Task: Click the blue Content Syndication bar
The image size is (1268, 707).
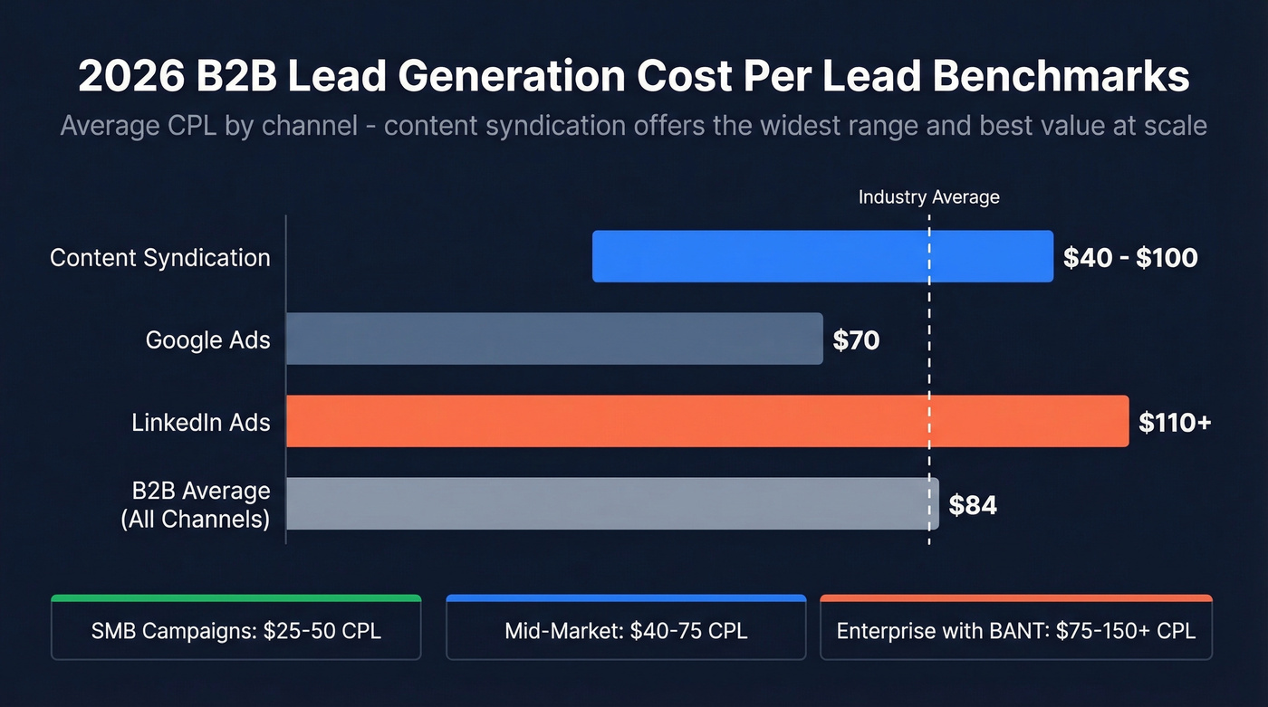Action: [x=822, y=256]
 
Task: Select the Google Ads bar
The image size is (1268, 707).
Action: [x=554, y=339]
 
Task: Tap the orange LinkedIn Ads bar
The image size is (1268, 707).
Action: [x=707, y=421]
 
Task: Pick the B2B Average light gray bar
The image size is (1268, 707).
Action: [x=612, y=503]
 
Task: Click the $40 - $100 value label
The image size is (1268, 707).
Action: [x=1130, y=257]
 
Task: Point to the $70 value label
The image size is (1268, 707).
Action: [x=856, y=340]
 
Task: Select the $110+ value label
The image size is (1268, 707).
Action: [x=1175, y=422]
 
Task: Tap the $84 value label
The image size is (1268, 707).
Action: [x=973, y=505]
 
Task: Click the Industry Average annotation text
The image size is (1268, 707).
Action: [x=928, y=197]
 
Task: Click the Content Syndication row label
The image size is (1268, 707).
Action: [x=160, y=258]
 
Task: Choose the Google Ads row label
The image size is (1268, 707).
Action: [x=207, y=340]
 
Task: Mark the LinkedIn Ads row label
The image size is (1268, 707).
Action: [x=200, y=423]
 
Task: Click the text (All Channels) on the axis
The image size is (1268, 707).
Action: [x=196, y=520]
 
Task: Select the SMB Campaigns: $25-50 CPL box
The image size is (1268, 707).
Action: [x=236, y=630]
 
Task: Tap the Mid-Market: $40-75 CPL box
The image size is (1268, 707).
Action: [x=626, y=630]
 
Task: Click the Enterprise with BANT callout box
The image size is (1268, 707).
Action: [x=1015, y=630]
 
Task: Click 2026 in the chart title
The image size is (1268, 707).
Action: [x=128, y=77]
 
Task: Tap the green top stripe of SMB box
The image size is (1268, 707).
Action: [x=236, y=598]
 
